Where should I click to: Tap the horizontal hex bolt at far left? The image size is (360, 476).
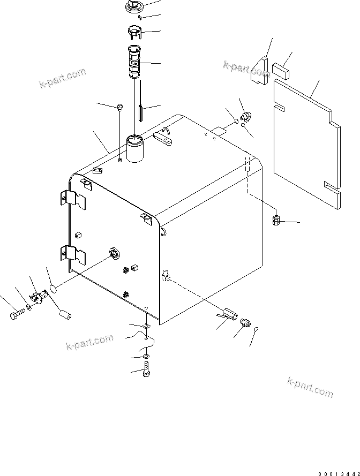(x=16, y=314)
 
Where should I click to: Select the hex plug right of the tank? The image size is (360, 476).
(x=277, y=220)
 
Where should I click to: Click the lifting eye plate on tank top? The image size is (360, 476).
(x=163, y=139)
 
